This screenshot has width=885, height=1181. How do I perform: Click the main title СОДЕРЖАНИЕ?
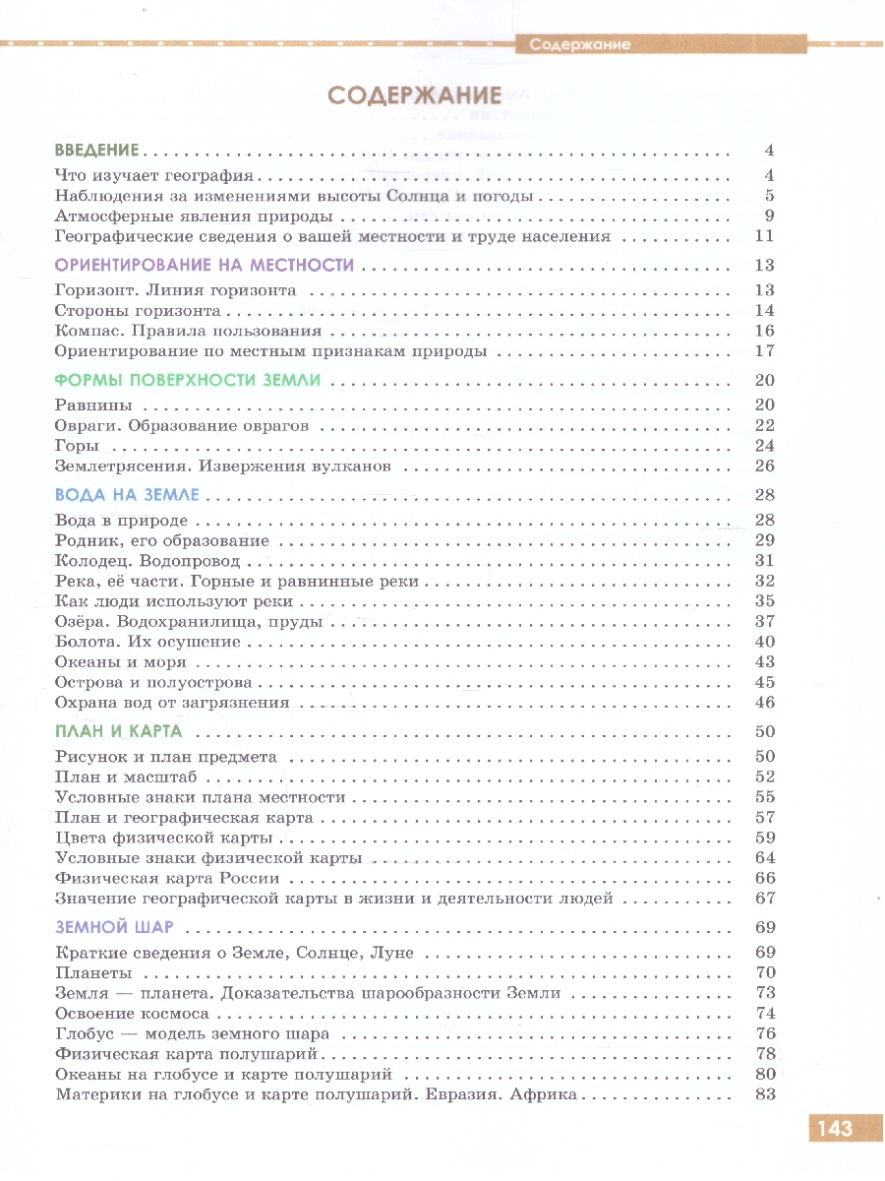pyautogui.click(x=414, y=95)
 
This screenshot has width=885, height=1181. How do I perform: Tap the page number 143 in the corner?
pyautogui.click(x=831, y=1128)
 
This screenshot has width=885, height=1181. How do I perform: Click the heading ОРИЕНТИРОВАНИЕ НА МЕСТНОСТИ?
pyautogui.click(x=204, y=265)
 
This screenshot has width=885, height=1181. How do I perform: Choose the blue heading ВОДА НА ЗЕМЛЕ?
pyautogui.click(x=128, y=494)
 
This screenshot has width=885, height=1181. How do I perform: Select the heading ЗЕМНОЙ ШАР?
pyautogui.click(x=114, y=927)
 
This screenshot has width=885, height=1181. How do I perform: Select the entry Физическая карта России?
pyautogui.click(x=168, y=878)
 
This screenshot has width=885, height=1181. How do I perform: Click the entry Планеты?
pyautogui.click(x=93, y=973)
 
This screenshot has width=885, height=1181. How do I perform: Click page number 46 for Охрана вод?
pyautogui.click(x=765, y=703)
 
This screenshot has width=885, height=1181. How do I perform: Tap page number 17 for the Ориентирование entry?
pyautogui.click(x=765, y=350)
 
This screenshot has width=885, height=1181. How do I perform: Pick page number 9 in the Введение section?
pyautogui.click(x=770, y=217)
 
